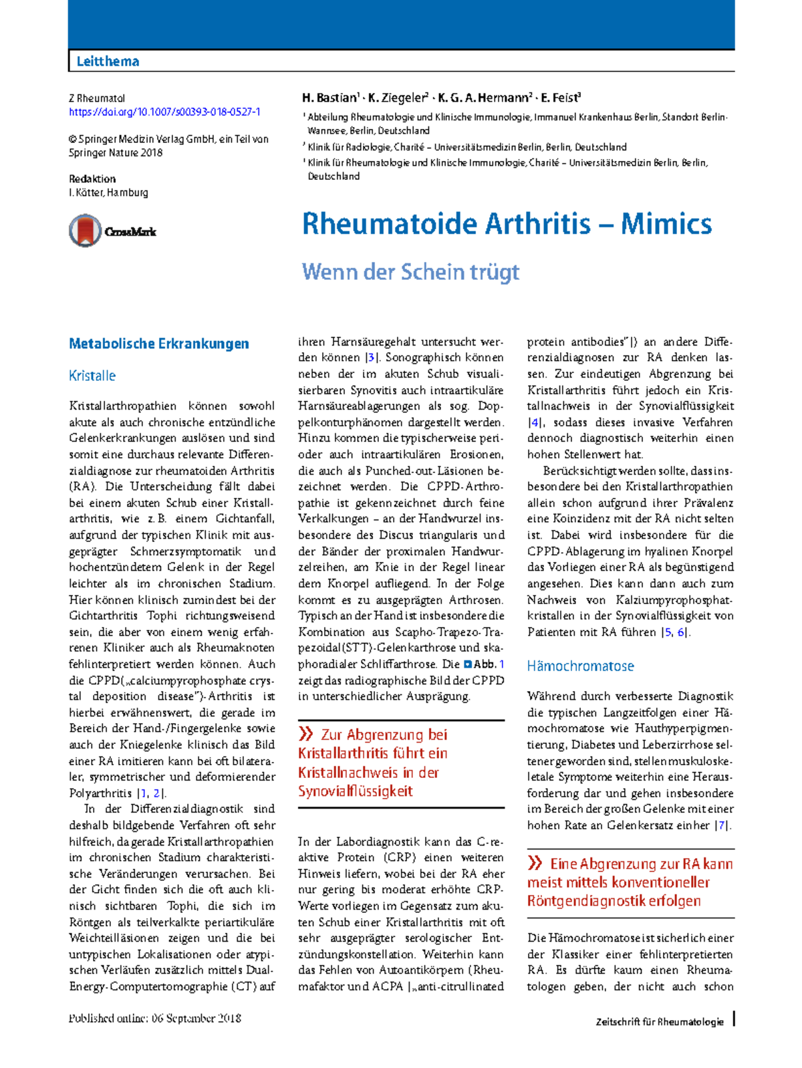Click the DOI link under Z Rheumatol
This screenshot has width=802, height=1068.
164,112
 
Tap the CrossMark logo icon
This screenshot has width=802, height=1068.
85,231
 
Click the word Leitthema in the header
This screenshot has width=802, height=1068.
108,61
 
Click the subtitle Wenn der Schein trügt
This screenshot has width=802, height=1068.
410,271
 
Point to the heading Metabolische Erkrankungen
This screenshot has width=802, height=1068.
159,344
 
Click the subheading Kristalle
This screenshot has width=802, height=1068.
92,376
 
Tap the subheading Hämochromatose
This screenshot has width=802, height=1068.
580,666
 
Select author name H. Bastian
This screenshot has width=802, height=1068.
329,98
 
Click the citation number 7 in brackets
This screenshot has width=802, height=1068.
721,825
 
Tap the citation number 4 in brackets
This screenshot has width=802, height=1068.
535,422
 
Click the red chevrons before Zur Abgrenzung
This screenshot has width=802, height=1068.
306,734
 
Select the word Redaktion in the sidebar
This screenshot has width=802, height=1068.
92,178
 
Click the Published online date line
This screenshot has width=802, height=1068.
154,1019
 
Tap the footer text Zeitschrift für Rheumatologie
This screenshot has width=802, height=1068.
659,1022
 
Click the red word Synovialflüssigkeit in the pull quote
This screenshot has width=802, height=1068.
355,791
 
